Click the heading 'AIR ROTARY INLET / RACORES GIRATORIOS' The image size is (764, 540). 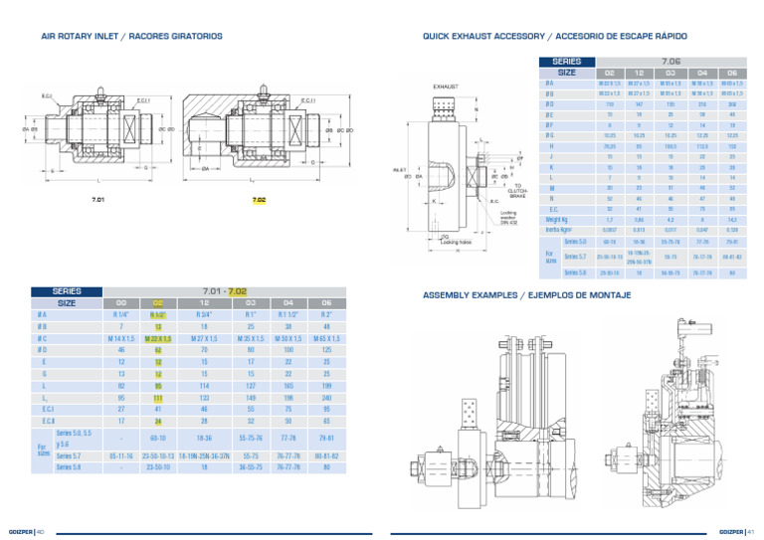click(131, 36)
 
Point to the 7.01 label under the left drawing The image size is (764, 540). click(98, 200)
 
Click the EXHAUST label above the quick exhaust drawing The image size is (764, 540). click(445, 88)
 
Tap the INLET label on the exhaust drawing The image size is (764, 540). click(400, 169)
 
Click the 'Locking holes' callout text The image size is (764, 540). click(456, 241)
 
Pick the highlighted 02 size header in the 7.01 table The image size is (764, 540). click(158, 302)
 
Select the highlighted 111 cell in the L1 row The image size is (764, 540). click(158, 397)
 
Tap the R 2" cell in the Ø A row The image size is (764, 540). click(324, 314)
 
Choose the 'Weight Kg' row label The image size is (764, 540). click(557, 220)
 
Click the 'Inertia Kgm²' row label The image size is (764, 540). click(560, 230)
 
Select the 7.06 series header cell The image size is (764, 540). click(671, 62)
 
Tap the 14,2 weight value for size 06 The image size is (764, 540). click(731, 220)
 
